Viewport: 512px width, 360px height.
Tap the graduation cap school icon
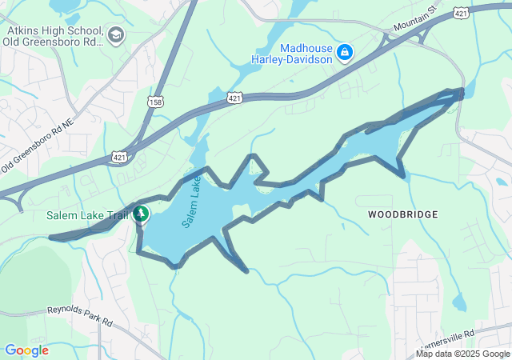(116, 34)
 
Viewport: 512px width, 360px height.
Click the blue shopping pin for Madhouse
(345, 53)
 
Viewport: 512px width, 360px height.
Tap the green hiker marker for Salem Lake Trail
(142, 214)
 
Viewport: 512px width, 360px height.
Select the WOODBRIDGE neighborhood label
(403, 214)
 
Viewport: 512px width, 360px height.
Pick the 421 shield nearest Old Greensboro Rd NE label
(118, 157)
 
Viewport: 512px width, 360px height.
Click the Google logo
(26, 350)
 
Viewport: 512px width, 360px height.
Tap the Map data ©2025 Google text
(463, 354)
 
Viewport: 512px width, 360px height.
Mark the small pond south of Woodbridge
(458, 302)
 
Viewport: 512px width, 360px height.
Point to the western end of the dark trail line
(51, 238)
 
